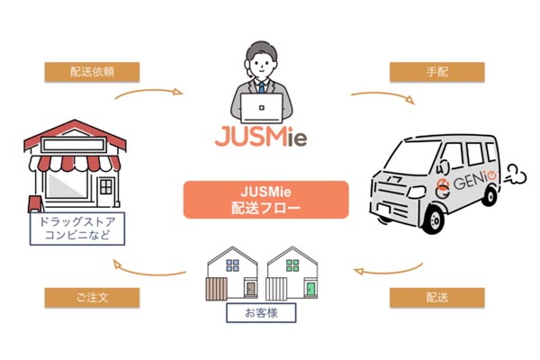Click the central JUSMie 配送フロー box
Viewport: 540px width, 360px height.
[265, 200]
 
